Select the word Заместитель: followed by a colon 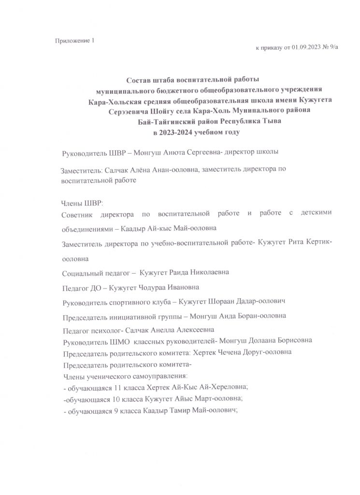tap(80, 171)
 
